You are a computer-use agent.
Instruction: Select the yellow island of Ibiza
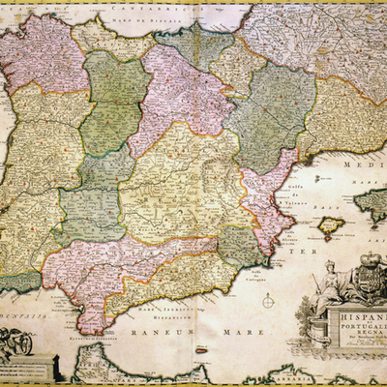pos(332,225)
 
